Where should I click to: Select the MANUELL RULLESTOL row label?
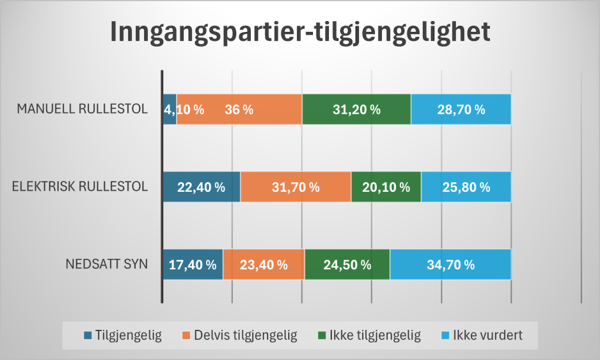click(x=83, y=109)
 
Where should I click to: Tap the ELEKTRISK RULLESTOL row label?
click(x=81, y=187)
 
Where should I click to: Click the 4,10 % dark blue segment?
click(x=170, y=109)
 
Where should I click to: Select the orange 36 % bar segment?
click(x=239, y=109)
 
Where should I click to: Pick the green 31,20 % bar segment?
click(x=356, y=109)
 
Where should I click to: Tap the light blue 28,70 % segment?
click(x=461, y=109)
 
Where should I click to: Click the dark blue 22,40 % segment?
click(x=201, y=187)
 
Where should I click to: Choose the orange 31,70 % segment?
click(x=296, y=187)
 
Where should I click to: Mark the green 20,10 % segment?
click(x=386, y=187)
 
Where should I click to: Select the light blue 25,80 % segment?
click(x=466, y=187)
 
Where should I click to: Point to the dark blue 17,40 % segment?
click(x=193, y=264)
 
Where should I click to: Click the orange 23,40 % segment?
click(x=264, y=264)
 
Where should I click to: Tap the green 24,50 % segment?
click(x=347, y=264)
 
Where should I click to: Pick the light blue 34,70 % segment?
click(x=450, y=264)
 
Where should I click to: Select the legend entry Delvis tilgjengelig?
click(x=240, y=335)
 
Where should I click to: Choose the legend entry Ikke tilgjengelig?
click(x=368, y=335)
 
